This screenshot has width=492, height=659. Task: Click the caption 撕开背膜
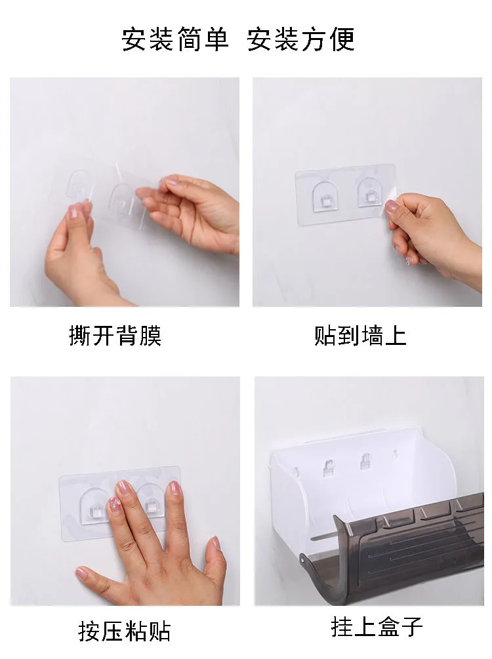(x=115, y=335)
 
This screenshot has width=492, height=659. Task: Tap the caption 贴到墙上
(x=360, y=335)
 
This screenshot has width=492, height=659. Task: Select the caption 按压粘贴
(x=125, y=631)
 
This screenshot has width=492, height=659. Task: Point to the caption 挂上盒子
(x=377, y=627)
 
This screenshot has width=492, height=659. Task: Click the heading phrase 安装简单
(x=175, y=39)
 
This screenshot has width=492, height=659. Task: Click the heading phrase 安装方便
(x=301, y=39)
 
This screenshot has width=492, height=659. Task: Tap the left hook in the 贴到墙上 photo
(x=325, y=196)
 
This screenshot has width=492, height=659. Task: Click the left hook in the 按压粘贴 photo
(x=95, y=507)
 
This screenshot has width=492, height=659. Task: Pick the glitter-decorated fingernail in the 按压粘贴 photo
(x=115, y=504)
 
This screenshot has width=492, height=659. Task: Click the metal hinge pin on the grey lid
(x=302, y=559)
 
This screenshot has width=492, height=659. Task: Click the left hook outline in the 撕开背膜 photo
(x=79, y=184)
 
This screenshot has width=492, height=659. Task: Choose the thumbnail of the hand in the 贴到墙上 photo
(x=392, y=205)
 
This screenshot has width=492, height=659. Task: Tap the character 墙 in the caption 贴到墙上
(x=372, y=335)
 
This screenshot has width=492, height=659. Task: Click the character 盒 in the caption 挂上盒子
(x=388, y=627)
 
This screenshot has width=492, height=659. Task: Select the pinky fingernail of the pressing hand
(x=216, y=542)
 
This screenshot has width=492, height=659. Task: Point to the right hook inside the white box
(x=366, y=462)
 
